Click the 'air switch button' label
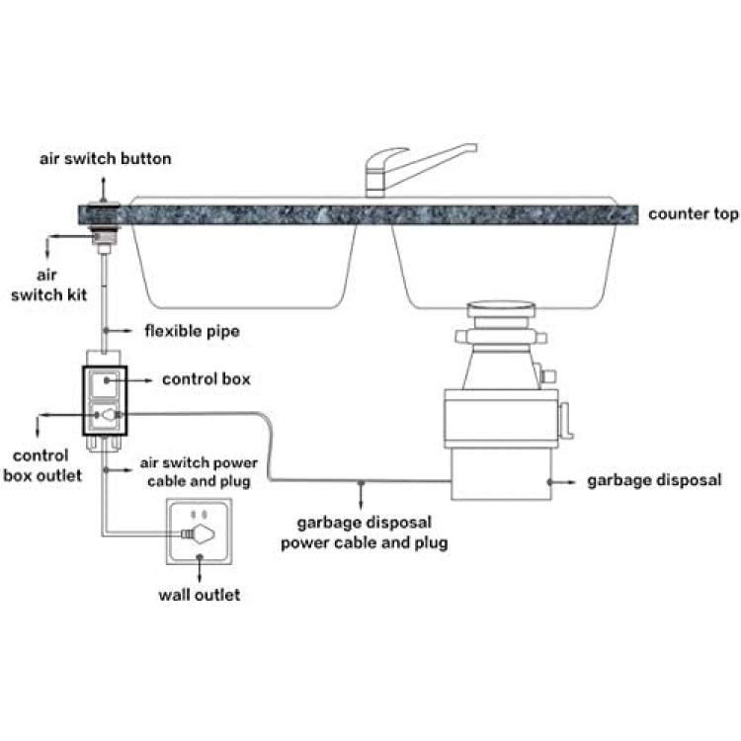106,158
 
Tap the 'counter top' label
694,214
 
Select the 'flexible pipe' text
192,331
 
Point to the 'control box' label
206,379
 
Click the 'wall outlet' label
200,595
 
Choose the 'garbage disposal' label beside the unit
654,480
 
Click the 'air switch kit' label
48,285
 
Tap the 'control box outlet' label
42,465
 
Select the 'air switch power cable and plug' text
199,471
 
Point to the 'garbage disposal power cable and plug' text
365,533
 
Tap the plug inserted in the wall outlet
199,534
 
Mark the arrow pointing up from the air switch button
104,189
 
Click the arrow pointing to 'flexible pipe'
119,331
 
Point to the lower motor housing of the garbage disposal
501,473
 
